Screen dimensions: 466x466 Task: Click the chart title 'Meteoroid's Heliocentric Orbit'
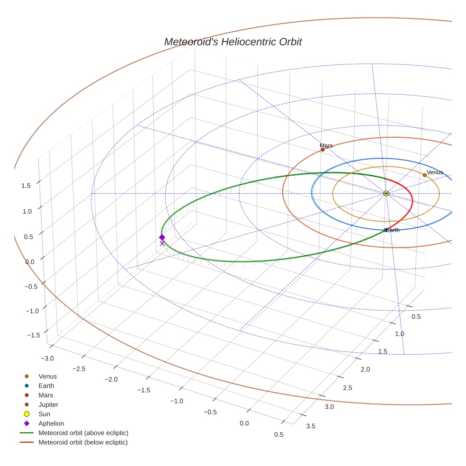point(233,42)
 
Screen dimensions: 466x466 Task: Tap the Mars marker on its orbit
point(323,150)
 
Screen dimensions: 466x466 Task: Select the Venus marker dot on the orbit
point(424,175)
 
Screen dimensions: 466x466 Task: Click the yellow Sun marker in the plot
point(386,193)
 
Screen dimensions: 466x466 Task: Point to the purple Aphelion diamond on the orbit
point(162,237)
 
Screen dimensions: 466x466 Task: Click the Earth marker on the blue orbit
point(385,230)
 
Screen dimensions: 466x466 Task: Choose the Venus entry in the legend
point(47,376)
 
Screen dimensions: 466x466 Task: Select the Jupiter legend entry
point(48,404)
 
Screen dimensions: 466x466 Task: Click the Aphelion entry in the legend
point(51,423)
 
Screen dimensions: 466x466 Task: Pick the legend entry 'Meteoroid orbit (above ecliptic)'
point(83,433)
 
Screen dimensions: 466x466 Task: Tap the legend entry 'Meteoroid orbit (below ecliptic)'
point(83,442)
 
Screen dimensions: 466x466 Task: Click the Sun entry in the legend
point(44,414)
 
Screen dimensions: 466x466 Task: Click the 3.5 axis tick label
point(311,426)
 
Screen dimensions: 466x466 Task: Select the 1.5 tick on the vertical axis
point(26,186)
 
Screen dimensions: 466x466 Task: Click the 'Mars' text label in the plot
point(326,145)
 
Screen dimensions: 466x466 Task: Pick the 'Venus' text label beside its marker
point(435,172)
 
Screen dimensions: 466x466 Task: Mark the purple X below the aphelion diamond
point(162,243)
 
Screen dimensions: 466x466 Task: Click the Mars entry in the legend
point(45,395)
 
